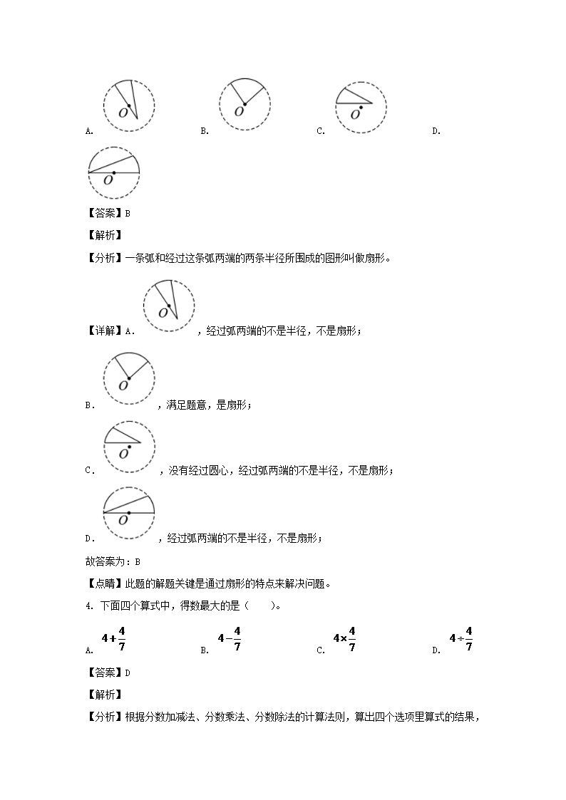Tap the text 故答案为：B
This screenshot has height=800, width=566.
(x=112, y=561)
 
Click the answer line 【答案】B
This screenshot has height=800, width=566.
(x=108, y=212)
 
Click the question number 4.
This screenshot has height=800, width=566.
(x=88, y=606)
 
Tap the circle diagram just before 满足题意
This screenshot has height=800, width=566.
(x=129, y=378)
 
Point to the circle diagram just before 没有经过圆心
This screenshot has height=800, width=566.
(x=129, y=446)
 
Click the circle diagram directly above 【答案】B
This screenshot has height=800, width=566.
(x=113, y=171)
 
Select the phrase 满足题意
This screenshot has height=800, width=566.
(x=184, y=405)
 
